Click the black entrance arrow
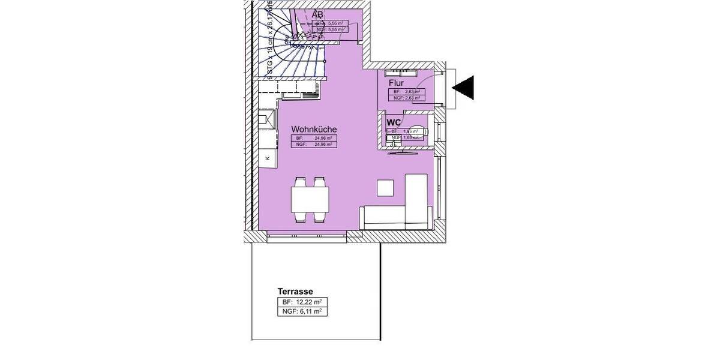[x=464, y=88]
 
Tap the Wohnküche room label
[x=314, y=129]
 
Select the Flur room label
[x=396, y=83]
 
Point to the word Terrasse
[x=295, y=292]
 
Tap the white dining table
[x=310, y=199]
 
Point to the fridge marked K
[x=268, y=158]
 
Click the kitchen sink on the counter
[x=267, y=120]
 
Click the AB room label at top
[x=317, y=14]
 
